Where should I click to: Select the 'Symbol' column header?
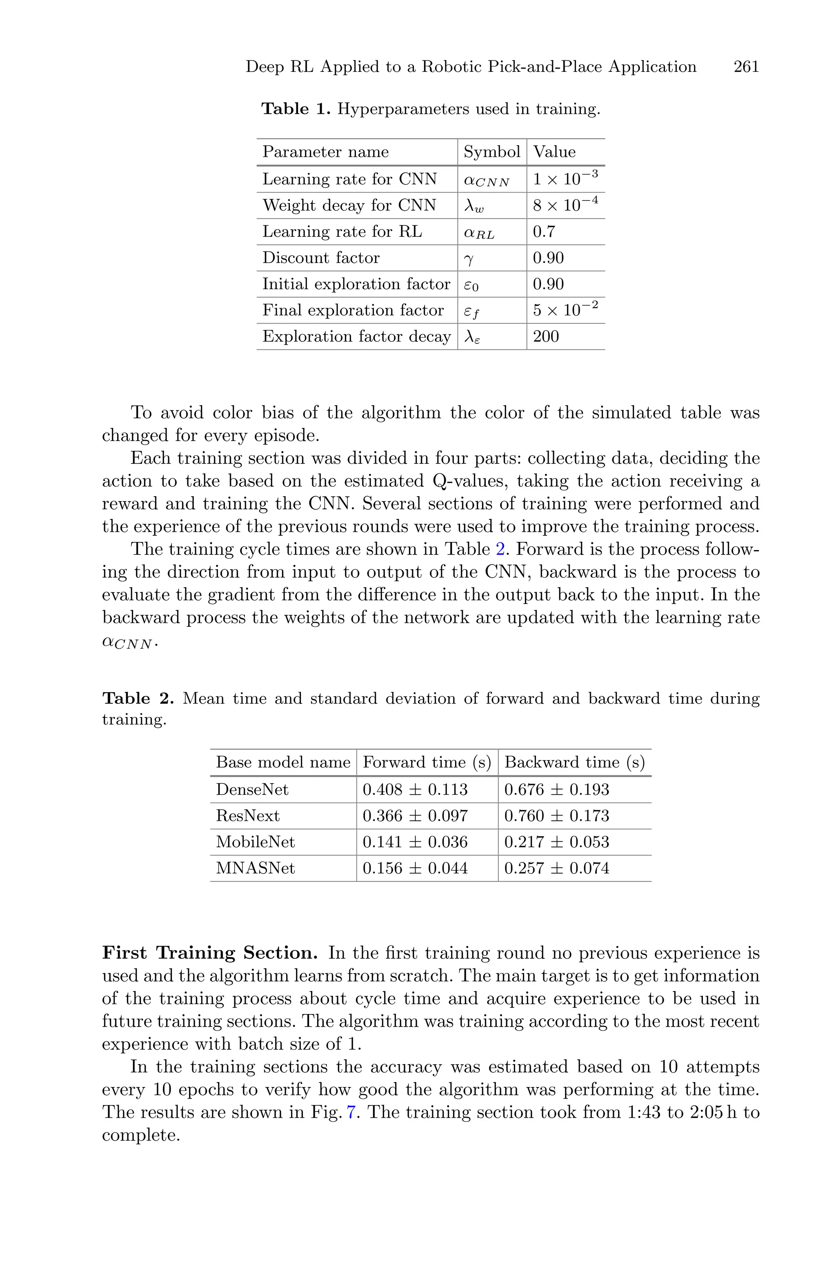pos(491,152)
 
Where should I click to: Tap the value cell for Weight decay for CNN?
pos(565,205)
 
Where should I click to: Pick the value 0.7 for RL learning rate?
pos(544,232)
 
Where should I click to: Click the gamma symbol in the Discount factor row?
pos(469,259)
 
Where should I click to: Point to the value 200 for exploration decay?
pos(546,336)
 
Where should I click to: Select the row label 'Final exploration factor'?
pos(353,310)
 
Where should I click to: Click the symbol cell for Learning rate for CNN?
pos(486,180)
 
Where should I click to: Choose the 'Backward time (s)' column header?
pos(574,762)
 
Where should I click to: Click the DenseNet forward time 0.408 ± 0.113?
pos(415,790)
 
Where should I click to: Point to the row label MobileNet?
pos(256,842)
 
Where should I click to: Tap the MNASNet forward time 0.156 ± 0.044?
pos(415,868)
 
